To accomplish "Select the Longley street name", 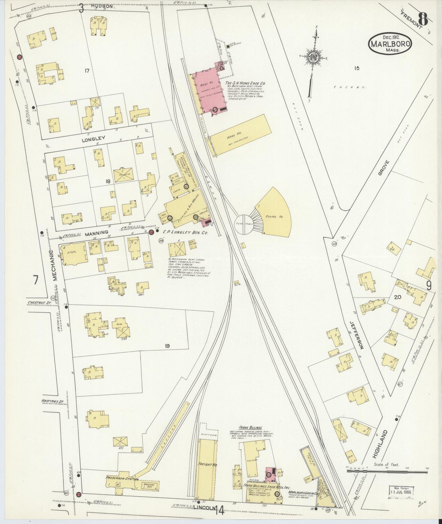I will [x=93, y=138].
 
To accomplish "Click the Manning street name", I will [x=96, y=233].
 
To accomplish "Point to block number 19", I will [x=167, y=346].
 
